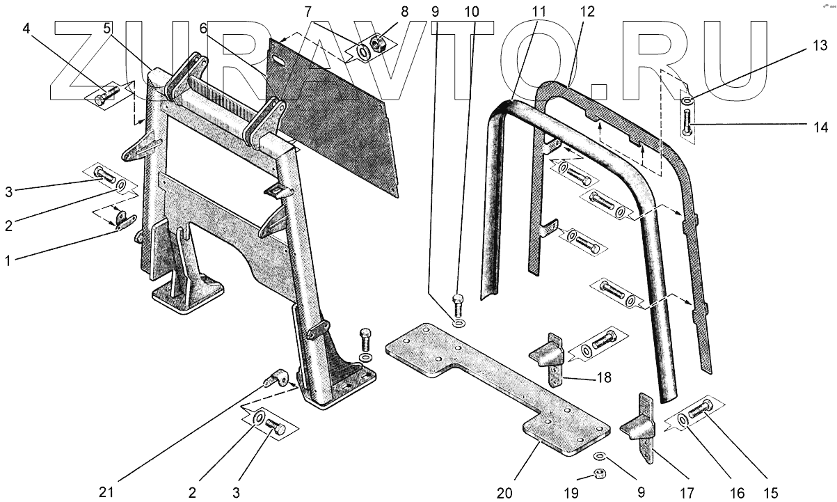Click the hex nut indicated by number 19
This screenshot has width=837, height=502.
[600, 475]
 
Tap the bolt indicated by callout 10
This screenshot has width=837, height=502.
[457, 301]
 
